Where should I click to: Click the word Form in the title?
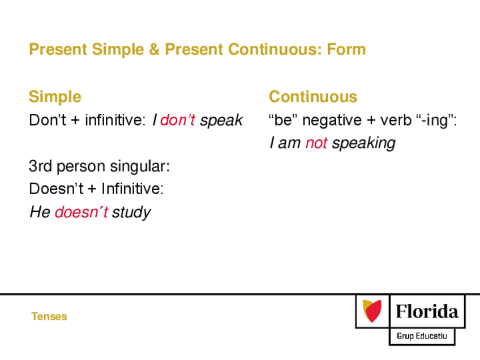pyautogui.click(x=346, y=49)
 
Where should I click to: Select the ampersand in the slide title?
pyautogui.click(x=155, y=49)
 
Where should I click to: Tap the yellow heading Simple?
pyautogui.click(x=55, y=97)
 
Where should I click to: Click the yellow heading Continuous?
pyautogui.click(x=313, y=97)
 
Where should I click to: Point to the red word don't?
pyautogui.click(x=178, y=119)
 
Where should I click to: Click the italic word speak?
pyautogui.click(x=221, y=121)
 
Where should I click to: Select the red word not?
pyautogui.click(x=316, y=143)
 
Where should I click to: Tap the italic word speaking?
pyautogui.click(x=363, y=144)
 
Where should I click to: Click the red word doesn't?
pyautogui.click(x=82, y=212)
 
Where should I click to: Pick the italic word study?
pyautogui.click(x=131, y=212)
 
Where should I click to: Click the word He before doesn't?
pyautogui.click(x=40, y=212)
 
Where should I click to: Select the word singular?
pyautogui.click(x=140, y=167)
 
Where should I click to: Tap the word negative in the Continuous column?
pyautogui.click(x=332, y=120)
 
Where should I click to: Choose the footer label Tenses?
pyautogui.click(x=49, y=316)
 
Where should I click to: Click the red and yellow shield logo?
pyautogui.click(x=372, y=311)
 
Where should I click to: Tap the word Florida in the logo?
pyautogui.click(x=427, y=312)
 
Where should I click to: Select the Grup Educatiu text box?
pyautogui.click(x=422, y=336)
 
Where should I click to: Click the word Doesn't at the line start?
pyautogui.click(x=56, y=188)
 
